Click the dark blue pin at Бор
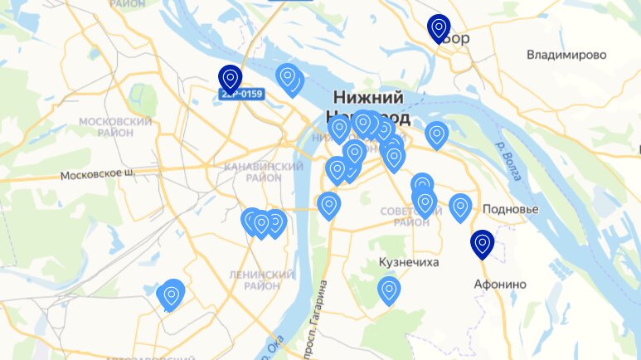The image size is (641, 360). point(439,28)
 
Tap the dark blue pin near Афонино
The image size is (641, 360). point(482,244)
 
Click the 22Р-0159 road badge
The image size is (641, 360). point(241,95)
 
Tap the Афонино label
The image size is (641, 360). point(499,284)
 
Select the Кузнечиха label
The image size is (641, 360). point(408,262)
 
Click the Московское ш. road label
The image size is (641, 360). point(96,176)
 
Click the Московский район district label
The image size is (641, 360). point(114,127)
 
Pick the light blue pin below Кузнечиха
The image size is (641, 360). point(389,289)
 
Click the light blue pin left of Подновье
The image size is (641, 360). point(460,207)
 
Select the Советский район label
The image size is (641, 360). point(406,216)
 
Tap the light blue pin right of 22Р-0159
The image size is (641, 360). point(288,78)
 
